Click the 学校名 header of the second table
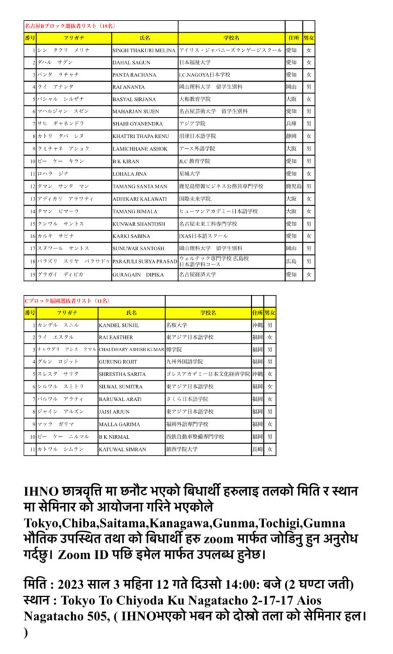click(208, 313)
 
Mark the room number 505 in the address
click(105, 616)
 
